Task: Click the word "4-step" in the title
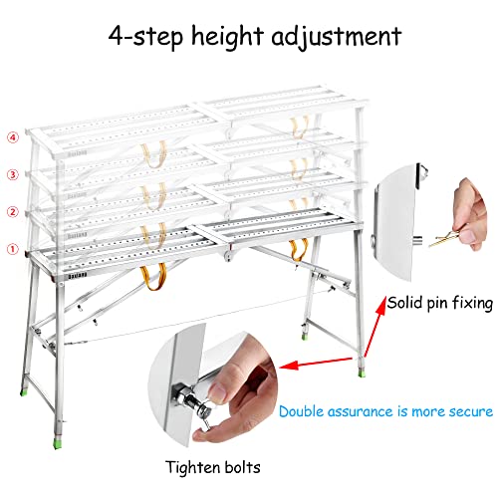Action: (138, 37)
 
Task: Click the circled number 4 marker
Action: (13, 137)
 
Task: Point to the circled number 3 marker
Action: (13, 175)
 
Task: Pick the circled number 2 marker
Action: (13, 212)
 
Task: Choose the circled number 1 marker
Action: (13, 250)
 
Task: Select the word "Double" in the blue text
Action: (304, 410)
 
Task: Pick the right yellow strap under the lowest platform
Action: (296, 247)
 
